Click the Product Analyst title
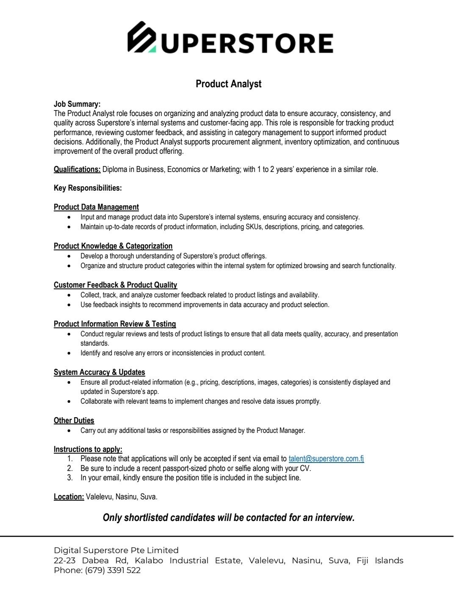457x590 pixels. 228,84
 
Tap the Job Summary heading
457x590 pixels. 77,104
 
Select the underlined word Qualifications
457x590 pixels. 77,169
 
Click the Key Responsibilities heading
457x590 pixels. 87,188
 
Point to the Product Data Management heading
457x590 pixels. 96,207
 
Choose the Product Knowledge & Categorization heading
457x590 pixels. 113,246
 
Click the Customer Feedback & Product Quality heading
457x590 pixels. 115,285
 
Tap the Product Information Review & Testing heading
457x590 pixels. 115,324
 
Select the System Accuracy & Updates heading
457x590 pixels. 99,372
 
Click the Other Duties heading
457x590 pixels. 74,421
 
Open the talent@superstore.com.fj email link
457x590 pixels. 326,459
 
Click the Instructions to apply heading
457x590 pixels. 88,449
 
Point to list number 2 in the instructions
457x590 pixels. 70,468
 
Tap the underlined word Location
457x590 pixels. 69,497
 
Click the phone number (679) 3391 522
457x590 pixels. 113,571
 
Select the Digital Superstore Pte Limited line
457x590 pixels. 116,550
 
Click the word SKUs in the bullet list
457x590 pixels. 254,227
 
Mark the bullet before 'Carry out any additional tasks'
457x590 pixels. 69,431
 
